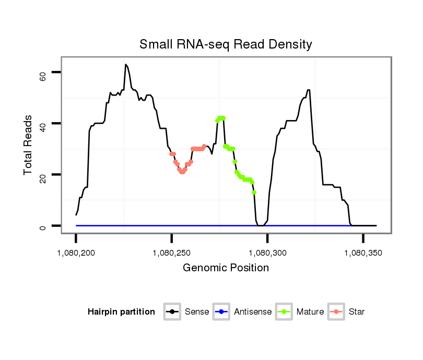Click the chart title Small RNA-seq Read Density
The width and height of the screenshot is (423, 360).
pos(226,44)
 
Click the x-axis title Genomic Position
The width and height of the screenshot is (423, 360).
pos(226,268)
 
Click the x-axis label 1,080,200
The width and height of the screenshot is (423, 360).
pos(76,253)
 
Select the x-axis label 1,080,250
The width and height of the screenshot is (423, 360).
pos(172,253)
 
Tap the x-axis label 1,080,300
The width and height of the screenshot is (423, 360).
pos(268,253)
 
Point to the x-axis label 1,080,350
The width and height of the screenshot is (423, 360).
pos(363,253)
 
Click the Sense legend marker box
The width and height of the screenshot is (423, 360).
pos(172,312)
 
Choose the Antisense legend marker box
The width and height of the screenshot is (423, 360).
pos(221,312)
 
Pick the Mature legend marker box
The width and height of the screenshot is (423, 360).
pos(284,312)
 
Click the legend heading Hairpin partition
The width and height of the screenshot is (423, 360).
pos(121,312)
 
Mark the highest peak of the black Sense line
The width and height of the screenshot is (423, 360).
pos(126,65)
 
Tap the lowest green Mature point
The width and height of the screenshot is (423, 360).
pos(254,193)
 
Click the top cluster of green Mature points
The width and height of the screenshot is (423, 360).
pos(221,118)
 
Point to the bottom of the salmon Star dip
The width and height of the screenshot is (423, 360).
pos(182,172)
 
